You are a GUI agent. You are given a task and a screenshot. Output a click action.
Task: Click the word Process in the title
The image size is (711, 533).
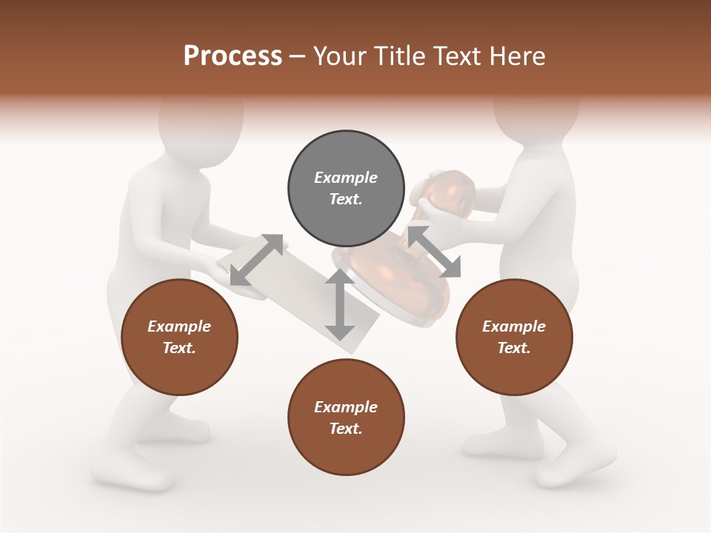tap(233, 56)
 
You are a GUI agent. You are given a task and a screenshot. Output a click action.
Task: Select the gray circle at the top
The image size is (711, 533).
tap(346, 189)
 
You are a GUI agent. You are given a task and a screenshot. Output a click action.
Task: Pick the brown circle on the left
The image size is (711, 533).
tap(179, 338)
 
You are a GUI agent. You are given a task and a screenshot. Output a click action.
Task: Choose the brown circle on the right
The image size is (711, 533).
tap(514, 338)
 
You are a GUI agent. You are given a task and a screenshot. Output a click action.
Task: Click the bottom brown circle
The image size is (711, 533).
tap(346, 418)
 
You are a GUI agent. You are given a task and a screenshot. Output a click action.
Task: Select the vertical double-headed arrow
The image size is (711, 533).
tap(340, 305)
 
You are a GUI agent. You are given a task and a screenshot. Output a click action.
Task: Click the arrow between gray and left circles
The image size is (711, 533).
tap(256, 260)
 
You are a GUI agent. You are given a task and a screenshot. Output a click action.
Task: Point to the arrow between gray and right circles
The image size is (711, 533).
tap(434, 252)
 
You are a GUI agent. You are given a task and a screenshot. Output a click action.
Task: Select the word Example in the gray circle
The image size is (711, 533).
tap(346, 178)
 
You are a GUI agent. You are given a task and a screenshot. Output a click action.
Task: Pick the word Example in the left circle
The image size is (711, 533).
tap(179, 326)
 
